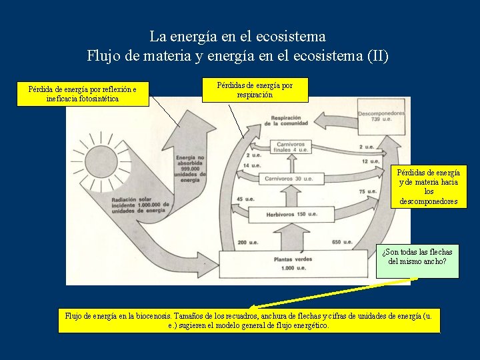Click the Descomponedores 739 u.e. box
381,115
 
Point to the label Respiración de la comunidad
286,120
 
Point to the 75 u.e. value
367,192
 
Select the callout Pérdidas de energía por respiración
255,90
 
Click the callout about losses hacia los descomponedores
429,187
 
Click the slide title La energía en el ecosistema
237,36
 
